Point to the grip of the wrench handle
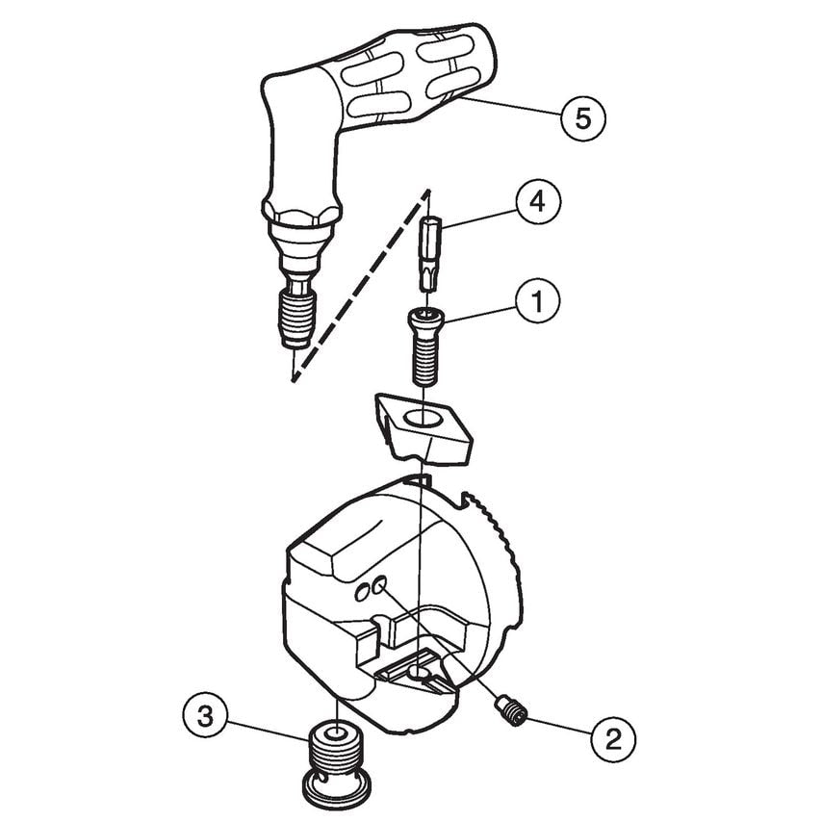[404, 77]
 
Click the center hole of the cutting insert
[421, 420]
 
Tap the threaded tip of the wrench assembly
[296, 318]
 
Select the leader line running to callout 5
[509, 107]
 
